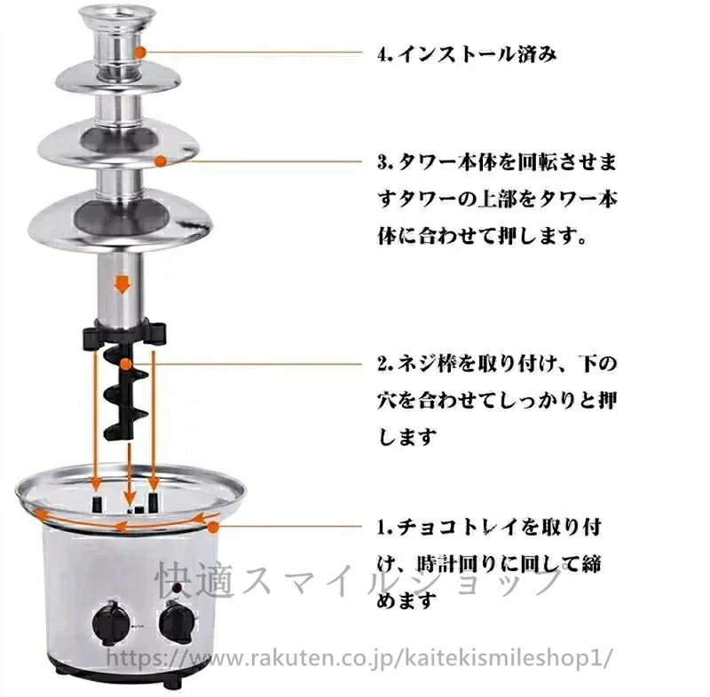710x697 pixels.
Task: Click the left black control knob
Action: [108, 624]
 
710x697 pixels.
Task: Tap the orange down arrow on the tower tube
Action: [122, 286]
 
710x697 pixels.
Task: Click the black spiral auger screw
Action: [123, 390]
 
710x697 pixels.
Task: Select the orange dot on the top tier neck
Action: [141, 51]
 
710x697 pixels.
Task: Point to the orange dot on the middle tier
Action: [161, 161]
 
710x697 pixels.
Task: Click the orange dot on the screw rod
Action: [126, 364]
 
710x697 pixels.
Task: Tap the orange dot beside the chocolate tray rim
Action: [213, 527]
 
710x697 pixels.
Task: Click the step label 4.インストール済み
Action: [467, 54]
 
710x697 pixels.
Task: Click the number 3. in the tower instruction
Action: [384, 163]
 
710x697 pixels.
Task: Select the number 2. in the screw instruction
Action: [384, 364]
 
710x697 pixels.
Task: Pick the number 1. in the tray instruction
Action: [384, 528]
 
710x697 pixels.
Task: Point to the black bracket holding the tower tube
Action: [123, 334]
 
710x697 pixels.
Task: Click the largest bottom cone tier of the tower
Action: [120, 222]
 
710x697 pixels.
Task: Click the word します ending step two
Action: [406, 437]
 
